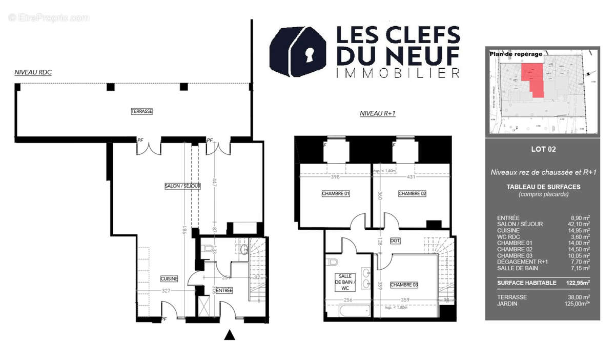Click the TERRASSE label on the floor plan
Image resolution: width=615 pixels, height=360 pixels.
142,111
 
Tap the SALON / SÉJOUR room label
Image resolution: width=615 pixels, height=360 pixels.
182,186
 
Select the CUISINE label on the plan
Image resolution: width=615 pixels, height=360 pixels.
169,278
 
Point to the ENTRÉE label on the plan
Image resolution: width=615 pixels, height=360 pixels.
224,290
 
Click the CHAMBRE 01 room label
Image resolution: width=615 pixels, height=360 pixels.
336,193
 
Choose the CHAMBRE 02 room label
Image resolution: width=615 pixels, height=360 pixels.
412,193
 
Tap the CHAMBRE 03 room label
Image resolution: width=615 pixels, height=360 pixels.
404,285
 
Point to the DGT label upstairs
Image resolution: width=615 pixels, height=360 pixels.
395,240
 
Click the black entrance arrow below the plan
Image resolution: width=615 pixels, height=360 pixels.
230,335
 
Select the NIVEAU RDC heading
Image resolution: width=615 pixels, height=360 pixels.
33,73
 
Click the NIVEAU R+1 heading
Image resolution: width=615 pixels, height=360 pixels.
378,114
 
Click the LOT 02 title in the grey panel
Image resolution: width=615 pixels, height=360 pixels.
543,150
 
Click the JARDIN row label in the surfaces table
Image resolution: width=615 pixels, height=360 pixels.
507,304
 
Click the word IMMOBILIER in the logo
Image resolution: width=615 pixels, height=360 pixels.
397,73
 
